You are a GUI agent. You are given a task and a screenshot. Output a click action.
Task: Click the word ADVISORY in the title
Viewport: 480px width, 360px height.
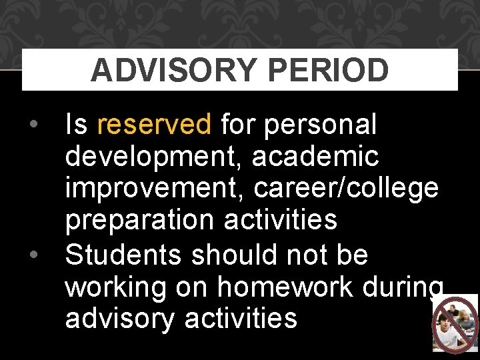[173, 70]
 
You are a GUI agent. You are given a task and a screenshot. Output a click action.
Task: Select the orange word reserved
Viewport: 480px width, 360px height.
[154, 124]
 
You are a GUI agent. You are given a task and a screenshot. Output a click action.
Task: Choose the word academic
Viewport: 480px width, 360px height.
[315, 157]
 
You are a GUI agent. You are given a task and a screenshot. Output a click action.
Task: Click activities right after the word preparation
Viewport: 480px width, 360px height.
[281, 221]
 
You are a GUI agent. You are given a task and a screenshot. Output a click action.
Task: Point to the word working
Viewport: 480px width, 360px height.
[116, 287]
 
